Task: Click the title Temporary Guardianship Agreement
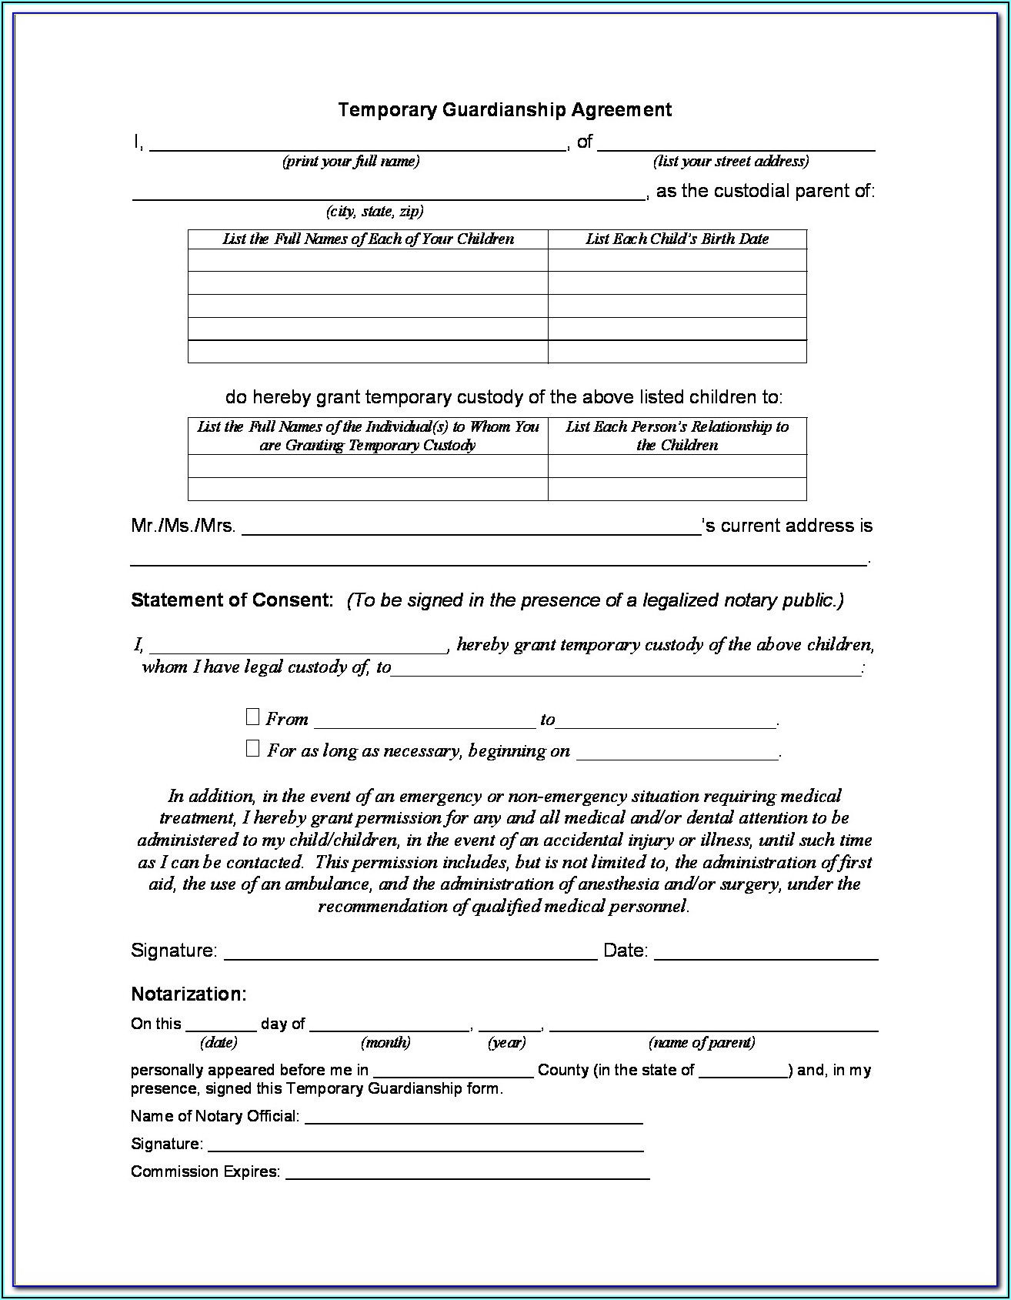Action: coord(505,110)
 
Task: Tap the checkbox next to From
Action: coord(252,717)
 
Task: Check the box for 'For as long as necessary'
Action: coord(252,748)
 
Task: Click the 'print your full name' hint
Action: coord(351,162)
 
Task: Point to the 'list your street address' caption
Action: coord(731,162)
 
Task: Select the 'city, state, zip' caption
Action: coord(375,212)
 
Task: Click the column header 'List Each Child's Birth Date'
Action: coord(677,239)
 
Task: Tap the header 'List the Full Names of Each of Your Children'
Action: coord(368,239)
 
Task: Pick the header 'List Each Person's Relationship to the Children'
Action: coord(677,436)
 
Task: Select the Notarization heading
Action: coord(189,994)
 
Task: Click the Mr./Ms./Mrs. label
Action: coord(183,526)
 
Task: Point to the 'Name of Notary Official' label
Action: coord(215,1116)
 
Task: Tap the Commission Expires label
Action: coord(205,1171)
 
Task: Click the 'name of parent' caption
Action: coord(702,1043)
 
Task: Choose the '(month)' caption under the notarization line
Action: coord(385,1043)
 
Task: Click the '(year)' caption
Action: coord(506,1043)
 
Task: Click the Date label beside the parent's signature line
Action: coord(626,951)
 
